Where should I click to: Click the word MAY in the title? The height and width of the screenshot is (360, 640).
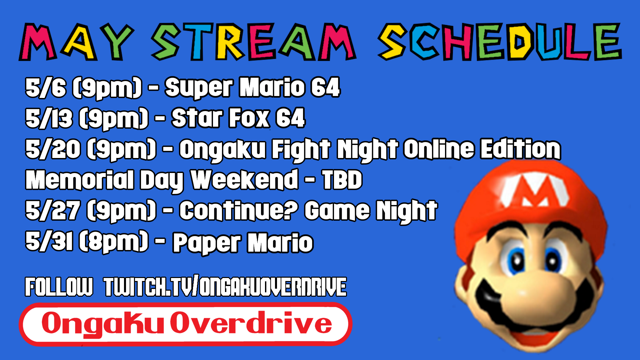[x=77, y=42]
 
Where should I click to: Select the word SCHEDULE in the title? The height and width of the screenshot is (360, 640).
[x=500, y=42]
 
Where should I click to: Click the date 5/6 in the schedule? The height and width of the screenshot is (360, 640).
[x=46, y=88]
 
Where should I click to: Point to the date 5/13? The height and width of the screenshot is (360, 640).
[x=49, y=118]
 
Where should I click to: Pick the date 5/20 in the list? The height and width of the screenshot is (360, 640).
[x=53, y=149]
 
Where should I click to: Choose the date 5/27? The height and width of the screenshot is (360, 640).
[x=53, y=211]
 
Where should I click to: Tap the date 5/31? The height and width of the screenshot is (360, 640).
[x=49, y=241]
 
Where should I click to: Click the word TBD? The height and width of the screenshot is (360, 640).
[x=342, y=180]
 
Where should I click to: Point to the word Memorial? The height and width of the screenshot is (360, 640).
[x=80, y=180]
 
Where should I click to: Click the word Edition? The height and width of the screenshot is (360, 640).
[x=521, y=149]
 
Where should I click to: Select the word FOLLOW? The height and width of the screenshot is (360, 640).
[x=59, y=287]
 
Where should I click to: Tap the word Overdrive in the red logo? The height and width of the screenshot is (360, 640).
[x=251, y=323]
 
